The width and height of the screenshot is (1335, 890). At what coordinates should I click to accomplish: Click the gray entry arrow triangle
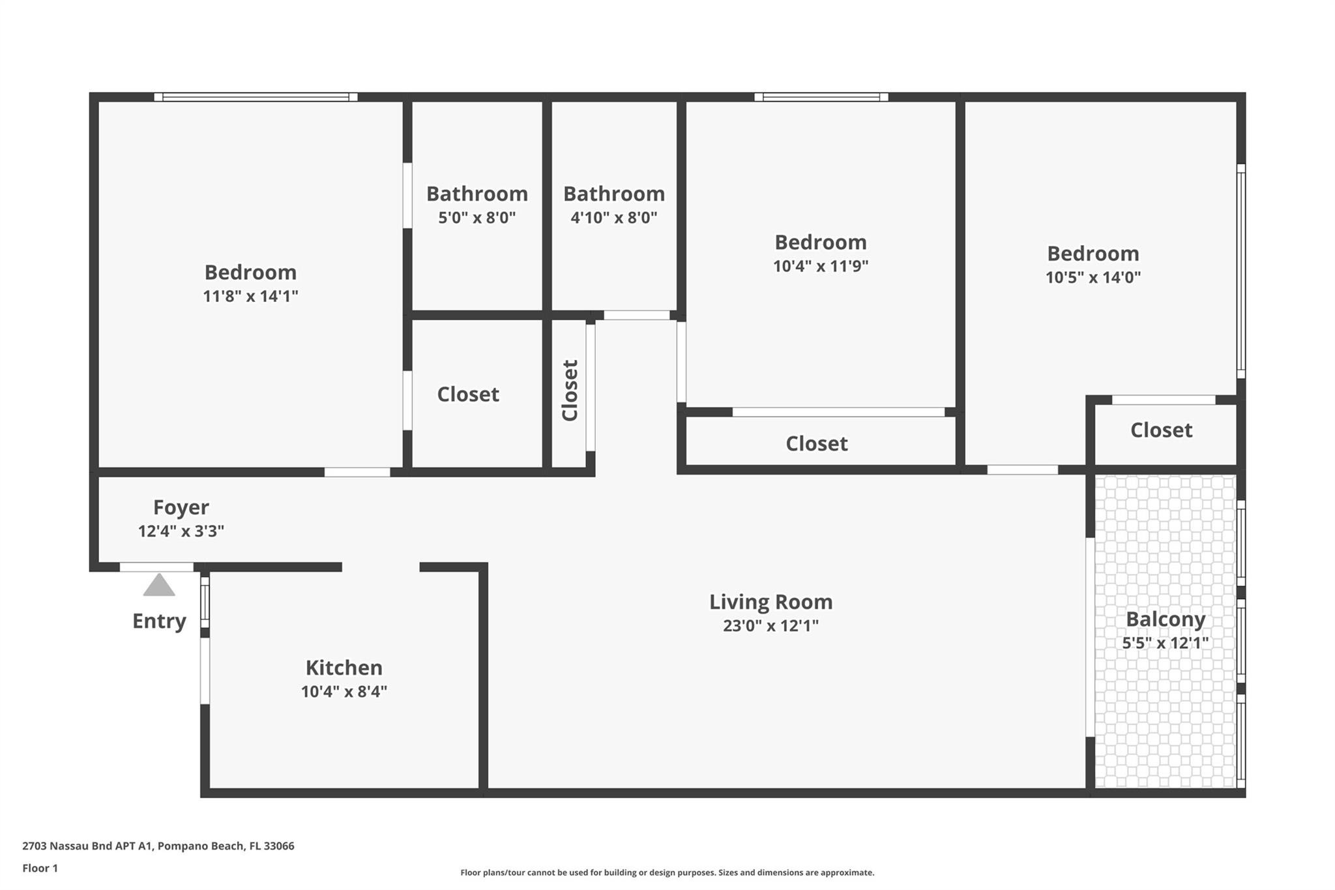click(159, 585)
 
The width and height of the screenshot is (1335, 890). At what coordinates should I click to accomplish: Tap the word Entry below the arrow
click(159, 621)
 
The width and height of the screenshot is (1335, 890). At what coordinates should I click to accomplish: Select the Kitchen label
click(344, 668)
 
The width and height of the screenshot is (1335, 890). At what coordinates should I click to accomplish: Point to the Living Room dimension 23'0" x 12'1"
click(770, 626)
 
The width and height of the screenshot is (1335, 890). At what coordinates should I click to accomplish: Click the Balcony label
click(1166, 619)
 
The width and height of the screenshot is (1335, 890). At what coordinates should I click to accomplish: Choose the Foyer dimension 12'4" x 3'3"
click(181, 531)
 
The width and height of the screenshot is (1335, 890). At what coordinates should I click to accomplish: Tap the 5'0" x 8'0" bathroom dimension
click(477, 218)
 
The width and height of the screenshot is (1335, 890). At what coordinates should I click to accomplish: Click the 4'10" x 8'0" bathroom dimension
click(614, 218)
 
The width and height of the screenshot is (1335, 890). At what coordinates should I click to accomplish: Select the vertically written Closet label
click(570, 391)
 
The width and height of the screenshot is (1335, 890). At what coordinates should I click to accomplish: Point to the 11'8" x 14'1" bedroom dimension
click(250, 297)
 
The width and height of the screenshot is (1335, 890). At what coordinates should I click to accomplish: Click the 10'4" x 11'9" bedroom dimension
click(821, 267)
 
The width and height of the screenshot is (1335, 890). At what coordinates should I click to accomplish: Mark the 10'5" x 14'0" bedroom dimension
click(1093, 278)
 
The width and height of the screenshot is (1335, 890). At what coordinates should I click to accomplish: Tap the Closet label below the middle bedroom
click(817, 444)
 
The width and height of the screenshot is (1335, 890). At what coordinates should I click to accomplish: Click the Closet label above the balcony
click(1162, 430)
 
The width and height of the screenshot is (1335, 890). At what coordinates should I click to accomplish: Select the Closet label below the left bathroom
click(468, 394)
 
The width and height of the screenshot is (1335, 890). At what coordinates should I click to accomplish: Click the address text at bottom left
click(158, 846)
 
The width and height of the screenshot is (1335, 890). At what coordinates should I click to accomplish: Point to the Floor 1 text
click(40, 868)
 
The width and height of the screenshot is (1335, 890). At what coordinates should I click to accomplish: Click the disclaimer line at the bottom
click(667, 873)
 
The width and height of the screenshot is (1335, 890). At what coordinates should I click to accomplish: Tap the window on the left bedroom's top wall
click(256, 97)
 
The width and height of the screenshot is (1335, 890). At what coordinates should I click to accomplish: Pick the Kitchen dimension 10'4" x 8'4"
click(344, 692)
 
